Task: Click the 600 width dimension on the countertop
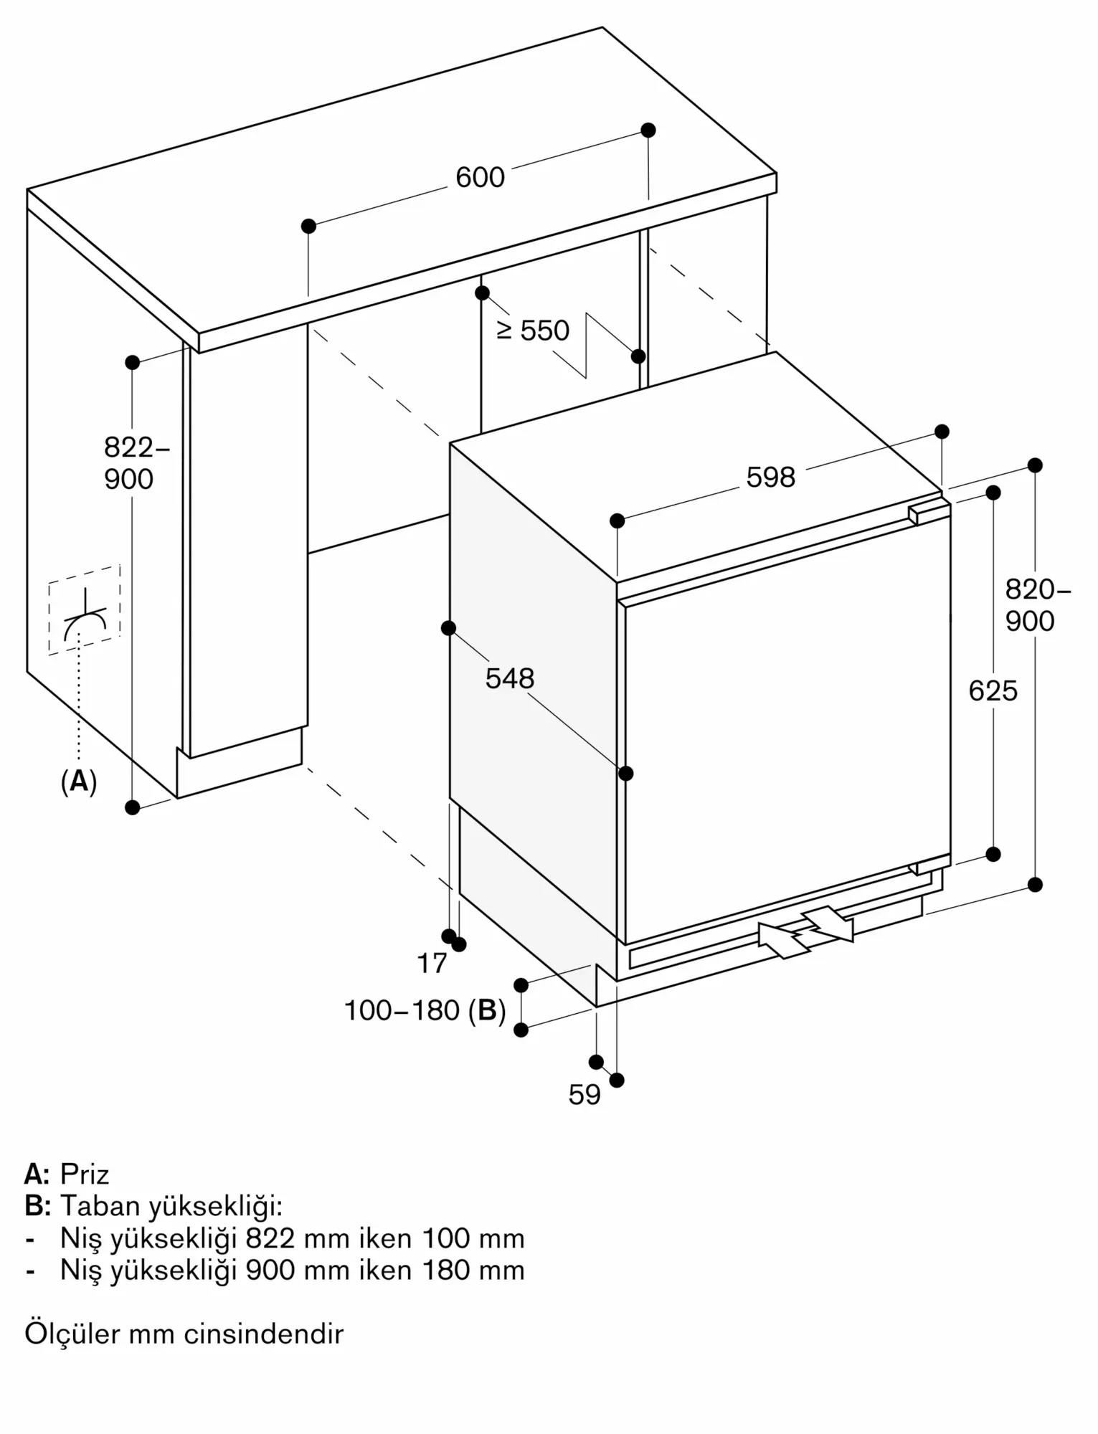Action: tap(480, 177)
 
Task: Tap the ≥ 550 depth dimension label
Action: tap(534, 331)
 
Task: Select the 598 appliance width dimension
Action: tap(771, 478)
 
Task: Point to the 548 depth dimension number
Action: tap(510, 678)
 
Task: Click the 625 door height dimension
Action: tap(993, 691)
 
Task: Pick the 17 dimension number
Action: tap(432, 964)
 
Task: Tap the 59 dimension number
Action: tap(585, 1095)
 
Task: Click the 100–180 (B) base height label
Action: tap(425, 1011)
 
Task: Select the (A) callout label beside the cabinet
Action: tap(79, 781)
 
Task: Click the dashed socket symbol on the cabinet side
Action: tap(85, 610)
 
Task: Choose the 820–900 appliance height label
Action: tap(1037, 605)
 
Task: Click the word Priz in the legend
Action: tap(85, 1174)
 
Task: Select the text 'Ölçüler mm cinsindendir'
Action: tap(184, 1334)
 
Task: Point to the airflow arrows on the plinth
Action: tap(806, 931)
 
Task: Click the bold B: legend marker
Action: tap(37, 1206)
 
